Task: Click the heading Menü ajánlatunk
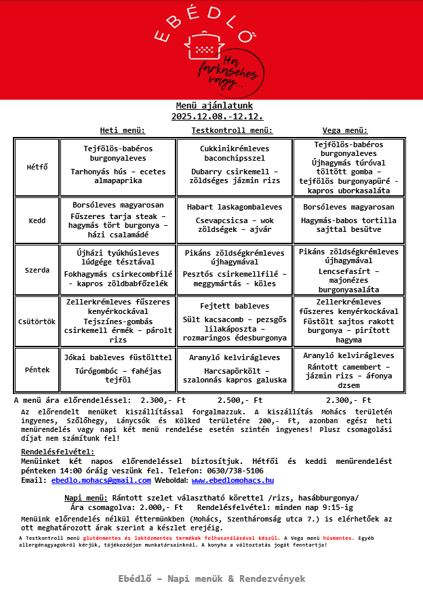[x=214, y=106]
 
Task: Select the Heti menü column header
[x=123, y=130]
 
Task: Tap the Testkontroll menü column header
[x=232, y=130]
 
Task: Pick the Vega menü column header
[x=345, y=130]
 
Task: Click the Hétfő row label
[x=37, y=167]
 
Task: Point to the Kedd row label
[x=37, y=220]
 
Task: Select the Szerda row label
[x=37, y=270]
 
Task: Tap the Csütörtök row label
[x=37, y=321]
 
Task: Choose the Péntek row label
[x=37, y=370]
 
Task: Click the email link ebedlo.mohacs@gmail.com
[x=101, y=480]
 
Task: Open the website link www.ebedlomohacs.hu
[x=233, y=480]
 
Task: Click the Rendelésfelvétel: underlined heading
[x=58, y=452]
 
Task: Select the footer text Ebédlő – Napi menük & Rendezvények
[x=211, y=578]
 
